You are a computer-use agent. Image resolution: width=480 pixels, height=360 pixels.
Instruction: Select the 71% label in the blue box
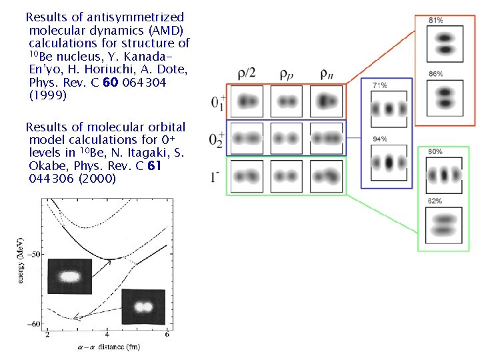click(380, 85)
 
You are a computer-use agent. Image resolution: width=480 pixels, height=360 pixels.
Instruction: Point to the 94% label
click(380, 139)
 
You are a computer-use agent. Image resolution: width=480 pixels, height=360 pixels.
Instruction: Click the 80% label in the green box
click(435, 152)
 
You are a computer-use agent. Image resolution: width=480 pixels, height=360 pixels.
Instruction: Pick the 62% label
click(435, 201)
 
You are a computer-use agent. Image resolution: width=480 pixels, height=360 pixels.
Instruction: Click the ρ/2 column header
click(248, 73)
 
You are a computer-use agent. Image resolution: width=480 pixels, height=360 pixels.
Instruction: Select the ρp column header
click(287, 73)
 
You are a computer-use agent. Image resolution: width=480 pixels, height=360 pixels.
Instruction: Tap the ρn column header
click(327, 73)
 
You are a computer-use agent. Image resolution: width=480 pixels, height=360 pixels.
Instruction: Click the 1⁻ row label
click(215, 177)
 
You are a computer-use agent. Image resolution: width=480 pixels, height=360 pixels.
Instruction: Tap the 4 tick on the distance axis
click(108, 334)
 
